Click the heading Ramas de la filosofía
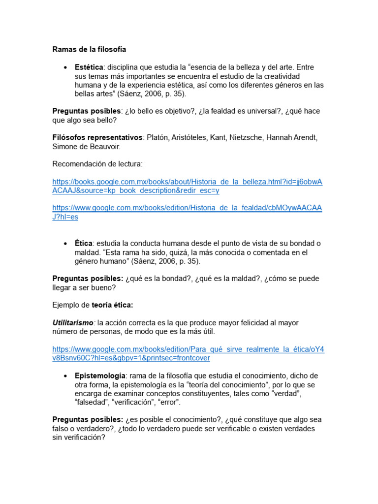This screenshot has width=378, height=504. pos(89,49)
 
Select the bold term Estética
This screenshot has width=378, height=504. pos(89,67)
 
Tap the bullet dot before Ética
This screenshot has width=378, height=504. pos(65,244)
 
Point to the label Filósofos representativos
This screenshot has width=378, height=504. pos(97,137)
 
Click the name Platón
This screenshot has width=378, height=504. pos(159,137)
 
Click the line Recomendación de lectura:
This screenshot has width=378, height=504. pos(97,164)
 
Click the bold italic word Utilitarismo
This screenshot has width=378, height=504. pos(74,323)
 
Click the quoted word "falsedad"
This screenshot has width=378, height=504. pos(92,403)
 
